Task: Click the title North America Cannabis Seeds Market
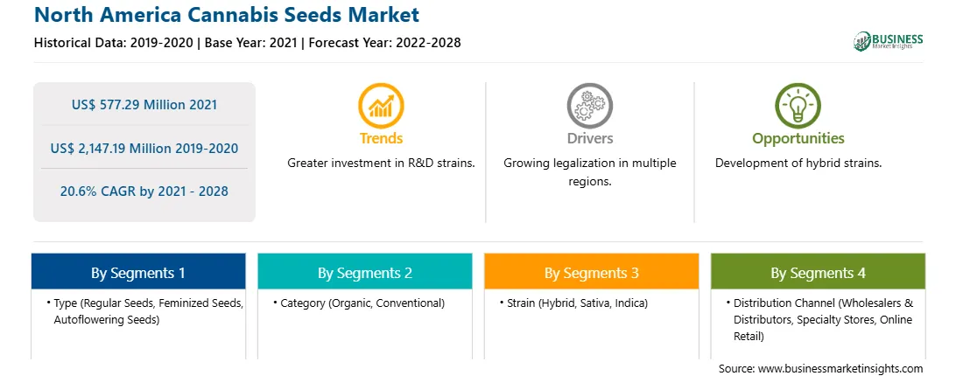(x=227, y=14)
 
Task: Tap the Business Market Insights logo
(x=888, y=41)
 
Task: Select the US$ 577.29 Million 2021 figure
(x=144, y=105)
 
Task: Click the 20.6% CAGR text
(x=102, y=191)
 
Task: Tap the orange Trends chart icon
(x=381, y=106)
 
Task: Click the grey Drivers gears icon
(x=589, y=106)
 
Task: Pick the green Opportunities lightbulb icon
(x=798, y=106)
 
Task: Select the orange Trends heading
(x=381, y=138)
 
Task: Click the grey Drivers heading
(x=589, y=138)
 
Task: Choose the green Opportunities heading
(x=798, y=139)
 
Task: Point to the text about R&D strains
(x=381, y=164)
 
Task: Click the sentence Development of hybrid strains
(x=798, y=164)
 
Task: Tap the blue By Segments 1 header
(x=138, y=272)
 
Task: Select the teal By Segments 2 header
(x=364, y=272)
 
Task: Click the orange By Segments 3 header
(x=592, y=272)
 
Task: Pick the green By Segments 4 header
(x=819, y=272)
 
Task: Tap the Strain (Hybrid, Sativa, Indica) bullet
(x=573, y=303)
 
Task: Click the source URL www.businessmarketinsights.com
(x=841, y=369)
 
